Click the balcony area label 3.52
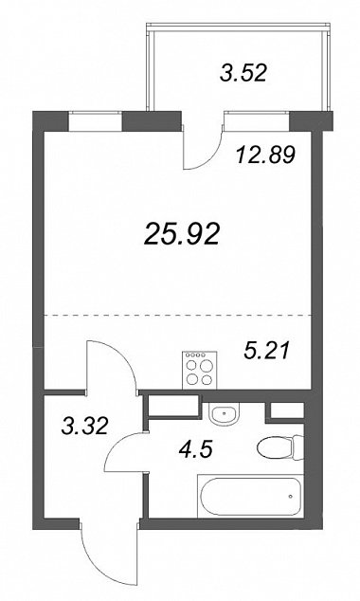click(243, 73)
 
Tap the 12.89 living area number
click(266, 155)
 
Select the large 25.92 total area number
click(182, 234)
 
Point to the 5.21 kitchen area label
click(266, 351)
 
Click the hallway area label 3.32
click(85, 426)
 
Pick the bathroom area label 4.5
click(195, 448)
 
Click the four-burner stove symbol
click(200, 371)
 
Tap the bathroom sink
click(224, 413)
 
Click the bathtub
click(250, 496)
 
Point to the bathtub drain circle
click(291, 497)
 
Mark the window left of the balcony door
click(95, 120)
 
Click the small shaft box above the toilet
click(287, 410)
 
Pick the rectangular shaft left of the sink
click(173, 406)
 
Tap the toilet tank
click(298, 448)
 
